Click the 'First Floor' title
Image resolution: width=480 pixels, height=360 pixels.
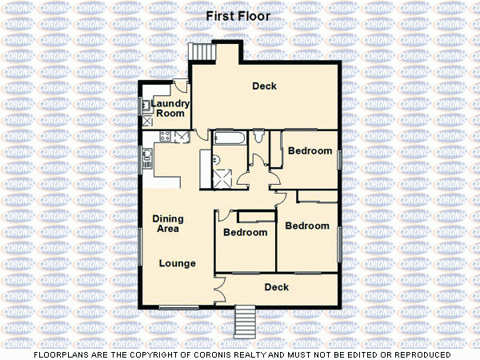pos(238,16)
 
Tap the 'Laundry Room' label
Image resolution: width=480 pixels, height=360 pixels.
pos(170,109)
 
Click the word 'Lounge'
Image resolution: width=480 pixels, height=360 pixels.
pos(177,263)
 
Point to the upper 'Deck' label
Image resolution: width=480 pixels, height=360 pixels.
pos(264,86)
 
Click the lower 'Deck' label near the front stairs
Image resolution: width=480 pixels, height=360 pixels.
pos(276,287)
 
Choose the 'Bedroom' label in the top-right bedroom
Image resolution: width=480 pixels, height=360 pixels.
pos(310,151)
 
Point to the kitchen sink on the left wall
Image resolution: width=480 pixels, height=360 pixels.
pos(148,156)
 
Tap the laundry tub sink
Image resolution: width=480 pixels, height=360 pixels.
pos(147,106)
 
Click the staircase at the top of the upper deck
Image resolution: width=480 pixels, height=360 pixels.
pos(202,52)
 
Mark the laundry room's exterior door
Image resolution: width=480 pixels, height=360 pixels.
pos(181,87)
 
